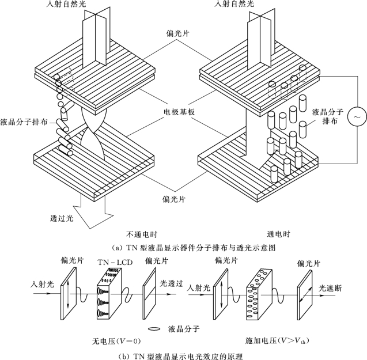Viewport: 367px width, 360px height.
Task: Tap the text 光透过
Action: coord(172,283)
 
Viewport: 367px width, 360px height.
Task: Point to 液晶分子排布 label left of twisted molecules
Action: coord(23,122)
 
